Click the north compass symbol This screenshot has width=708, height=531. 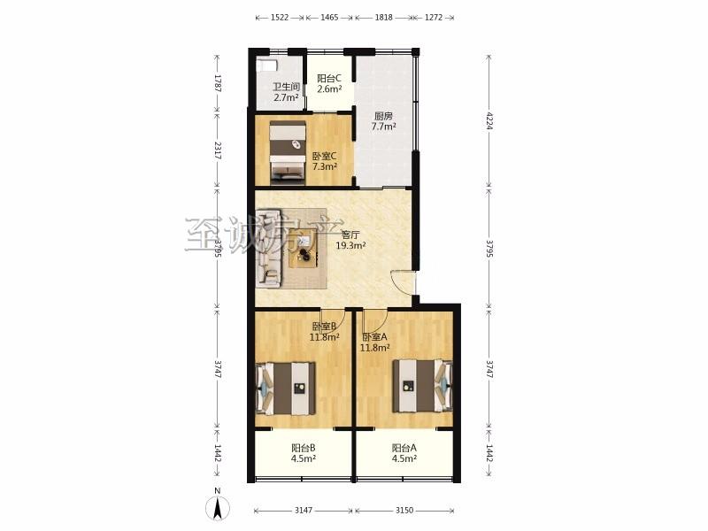tap(217, 507)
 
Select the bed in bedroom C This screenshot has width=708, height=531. tap(288, 152)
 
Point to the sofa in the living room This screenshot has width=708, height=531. tap(269, 248)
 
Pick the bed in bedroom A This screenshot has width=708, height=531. tap(422, 385)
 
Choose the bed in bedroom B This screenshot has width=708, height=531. tap(285, 389)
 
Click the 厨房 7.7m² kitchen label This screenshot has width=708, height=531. tap(383, 121)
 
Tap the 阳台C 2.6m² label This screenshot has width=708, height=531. tap(329, 83)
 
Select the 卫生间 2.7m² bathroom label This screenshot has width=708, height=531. tap(286, 92)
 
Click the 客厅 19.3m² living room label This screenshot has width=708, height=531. tap(350, 240)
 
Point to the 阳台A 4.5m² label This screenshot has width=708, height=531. tap(404, 453)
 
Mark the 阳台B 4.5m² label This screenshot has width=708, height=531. tap(303, 453)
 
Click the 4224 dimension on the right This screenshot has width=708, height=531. tap(489, 121)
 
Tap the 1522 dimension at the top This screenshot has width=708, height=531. tap(280, 18)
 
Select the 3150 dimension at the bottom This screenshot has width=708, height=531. tap(404, 511)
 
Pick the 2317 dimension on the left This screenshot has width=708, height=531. tap(217, 150)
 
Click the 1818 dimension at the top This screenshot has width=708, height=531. tap(383, 18)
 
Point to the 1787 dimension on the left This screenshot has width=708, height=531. tap(217, 83)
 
